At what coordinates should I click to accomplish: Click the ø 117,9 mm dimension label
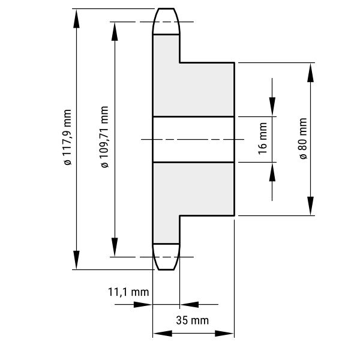(68, 137)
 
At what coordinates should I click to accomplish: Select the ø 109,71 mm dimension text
(104, 137)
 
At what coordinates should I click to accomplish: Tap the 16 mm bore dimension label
(263, 139)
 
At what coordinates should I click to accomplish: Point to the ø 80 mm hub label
(303, 139)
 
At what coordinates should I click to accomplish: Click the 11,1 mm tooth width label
(128, 292)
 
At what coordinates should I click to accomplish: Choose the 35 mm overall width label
(193, 320)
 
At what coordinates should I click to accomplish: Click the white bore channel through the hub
(194, 139)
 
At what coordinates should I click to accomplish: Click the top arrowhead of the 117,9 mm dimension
(76, 19)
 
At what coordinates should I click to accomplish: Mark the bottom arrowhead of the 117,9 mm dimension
(76, 260)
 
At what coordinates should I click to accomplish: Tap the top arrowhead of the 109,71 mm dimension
(115, 31)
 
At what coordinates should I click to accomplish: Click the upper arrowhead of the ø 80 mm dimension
(310, 73)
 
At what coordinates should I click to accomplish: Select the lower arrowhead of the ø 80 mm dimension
(310, 206)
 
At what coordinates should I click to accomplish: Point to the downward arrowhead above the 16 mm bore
(272, 107)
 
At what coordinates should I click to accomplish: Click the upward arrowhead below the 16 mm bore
(272, 172)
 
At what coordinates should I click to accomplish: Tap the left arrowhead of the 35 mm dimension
(163, 334)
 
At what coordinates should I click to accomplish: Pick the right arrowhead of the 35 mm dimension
(224, 334)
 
